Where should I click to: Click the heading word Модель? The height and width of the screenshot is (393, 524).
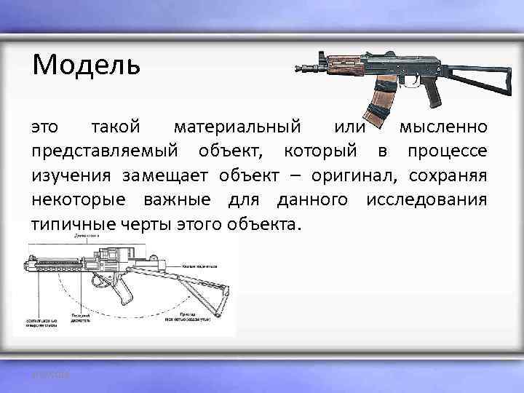click(x=85, y=66)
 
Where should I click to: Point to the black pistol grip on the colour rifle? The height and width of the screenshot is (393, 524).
click(x=434, y=94)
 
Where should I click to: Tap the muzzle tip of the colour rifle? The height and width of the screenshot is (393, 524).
click(x=298, y=70)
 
